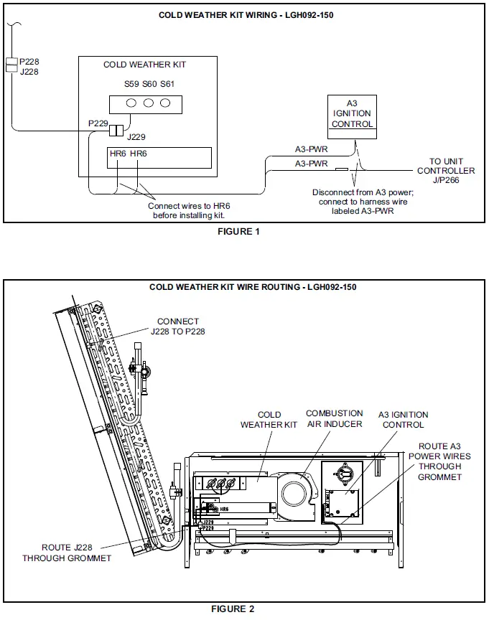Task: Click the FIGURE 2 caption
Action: [233, 609]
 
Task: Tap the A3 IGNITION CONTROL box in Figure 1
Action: [352, 114]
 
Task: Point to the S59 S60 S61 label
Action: [149, 84]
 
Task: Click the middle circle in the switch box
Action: [149, 103]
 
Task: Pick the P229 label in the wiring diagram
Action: [98, 123]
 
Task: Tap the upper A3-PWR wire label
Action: [311, 149]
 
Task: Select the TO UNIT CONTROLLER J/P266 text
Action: [446, 171]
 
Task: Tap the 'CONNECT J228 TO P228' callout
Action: [178, 327]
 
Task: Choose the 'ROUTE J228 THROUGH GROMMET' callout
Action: [67, 553]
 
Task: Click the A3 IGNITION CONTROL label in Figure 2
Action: [403, 419]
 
